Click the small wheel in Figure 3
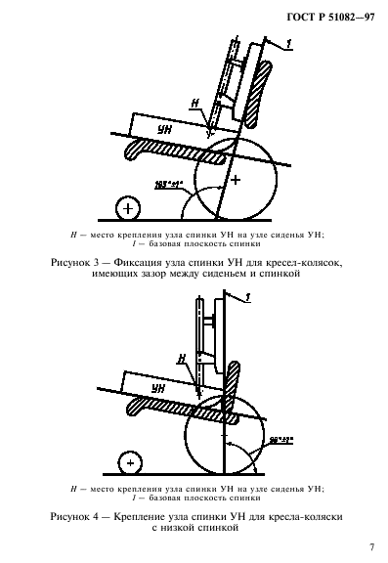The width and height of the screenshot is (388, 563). [125, 207]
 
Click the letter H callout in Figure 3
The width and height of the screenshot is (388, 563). [194, 103]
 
